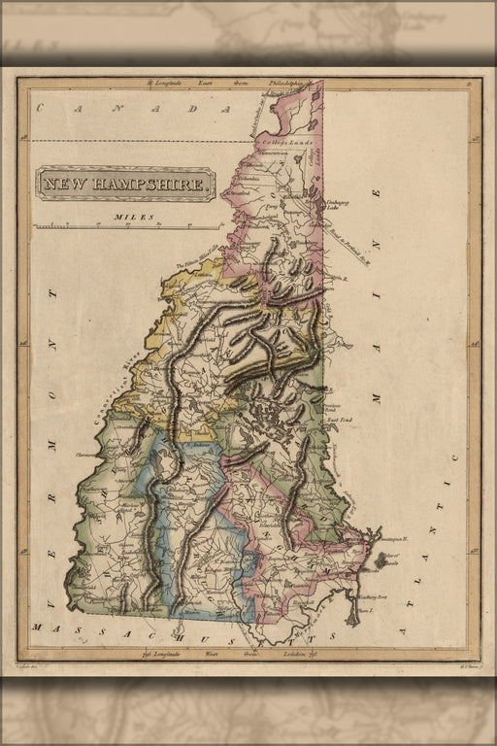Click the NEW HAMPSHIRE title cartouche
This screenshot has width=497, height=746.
[x=126, y=183]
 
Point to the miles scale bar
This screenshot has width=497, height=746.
[x=126, y=226]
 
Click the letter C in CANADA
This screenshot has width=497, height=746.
[x=42, y=109]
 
